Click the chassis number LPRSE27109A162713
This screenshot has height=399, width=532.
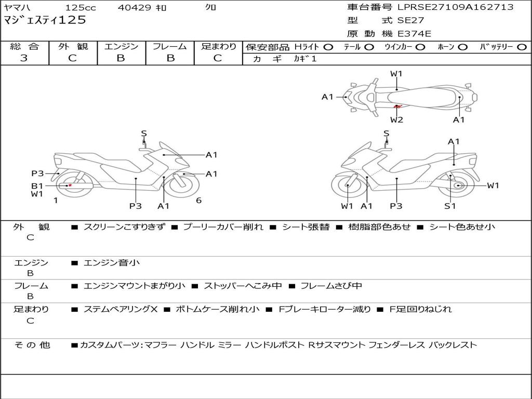(x=455, y=7)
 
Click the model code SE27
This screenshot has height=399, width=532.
(x=410, y=20)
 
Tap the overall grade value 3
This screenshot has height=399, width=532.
(x=24, y=58)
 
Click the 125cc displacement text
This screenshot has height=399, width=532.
(x=81, y=7)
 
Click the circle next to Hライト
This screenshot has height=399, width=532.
(x=328, y=47)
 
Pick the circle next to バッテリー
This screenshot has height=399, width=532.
(x=522, y=47)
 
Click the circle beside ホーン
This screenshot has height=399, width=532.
(x=462, y=47)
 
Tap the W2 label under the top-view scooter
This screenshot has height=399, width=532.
(x=396, y=119)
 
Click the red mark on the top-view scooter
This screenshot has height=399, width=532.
(x=397, y=107)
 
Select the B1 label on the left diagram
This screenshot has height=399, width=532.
(x=37, y=185)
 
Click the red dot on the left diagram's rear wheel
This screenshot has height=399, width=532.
(x=70, y=185)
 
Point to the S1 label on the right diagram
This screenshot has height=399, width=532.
(x=450, y=206)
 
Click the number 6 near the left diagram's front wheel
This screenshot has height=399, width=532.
(x=199, y=200)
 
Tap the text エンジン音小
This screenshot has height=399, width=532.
(x=111, y=262)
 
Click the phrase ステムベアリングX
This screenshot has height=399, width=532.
(x=121, y=309)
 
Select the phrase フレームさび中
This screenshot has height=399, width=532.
(x=331, y=286)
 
